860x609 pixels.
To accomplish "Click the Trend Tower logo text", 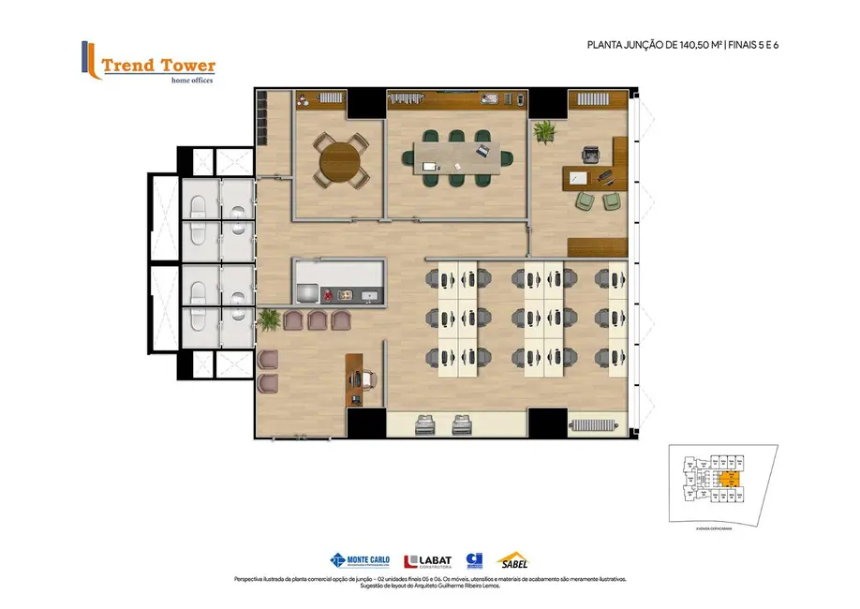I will point(157,66).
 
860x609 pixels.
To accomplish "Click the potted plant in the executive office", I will point(544,130).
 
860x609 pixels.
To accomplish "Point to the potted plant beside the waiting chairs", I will point(268,319).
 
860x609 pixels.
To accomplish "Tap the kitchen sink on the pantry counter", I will point(369,295).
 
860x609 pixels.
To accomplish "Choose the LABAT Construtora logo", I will point(428,561).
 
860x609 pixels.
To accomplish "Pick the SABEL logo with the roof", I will point(512,560).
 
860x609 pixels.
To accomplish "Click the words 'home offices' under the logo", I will point(191,81).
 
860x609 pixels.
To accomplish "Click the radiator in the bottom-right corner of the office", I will point(594,424).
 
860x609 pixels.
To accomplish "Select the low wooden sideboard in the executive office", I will point(597,245).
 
